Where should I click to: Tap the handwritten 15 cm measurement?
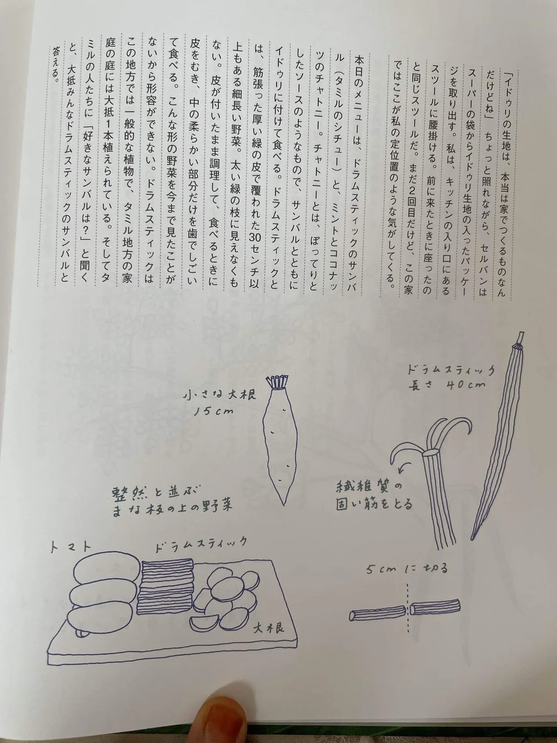(208, 412)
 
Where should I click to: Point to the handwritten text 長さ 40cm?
(447, 385)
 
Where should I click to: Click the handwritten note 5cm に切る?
(408, 568)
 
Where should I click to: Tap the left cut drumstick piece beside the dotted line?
(377, 611)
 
